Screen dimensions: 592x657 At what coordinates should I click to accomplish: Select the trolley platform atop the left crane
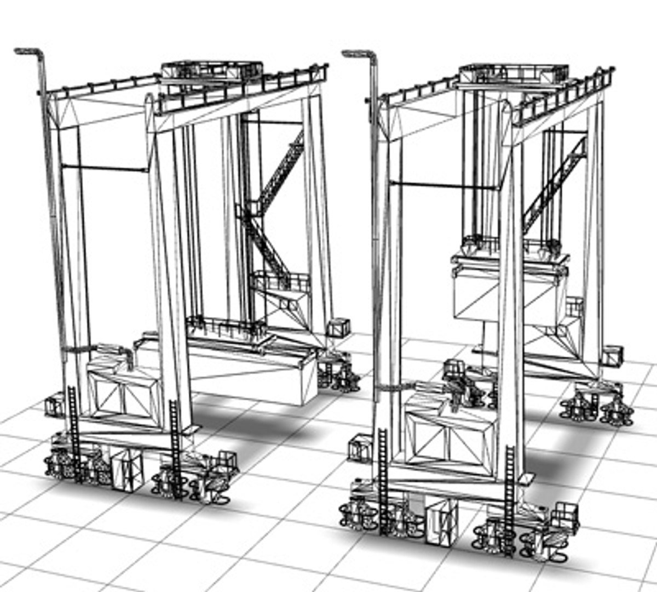click(211, 70)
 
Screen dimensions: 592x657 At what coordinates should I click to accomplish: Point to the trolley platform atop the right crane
click(513, 72)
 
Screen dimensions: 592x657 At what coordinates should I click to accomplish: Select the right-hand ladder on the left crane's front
click(175, 447)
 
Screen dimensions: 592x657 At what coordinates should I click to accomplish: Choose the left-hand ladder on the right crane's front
click(383, 477)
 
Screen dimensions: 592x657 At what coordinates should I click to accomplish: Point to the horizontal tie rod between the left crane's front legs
click(104, 168)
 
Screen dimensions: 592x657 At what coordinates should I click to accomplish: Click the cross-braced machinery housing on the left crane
click(123, 392)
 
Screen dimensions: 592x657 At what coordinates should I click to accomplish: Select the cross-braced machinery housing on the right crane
click(449, 439)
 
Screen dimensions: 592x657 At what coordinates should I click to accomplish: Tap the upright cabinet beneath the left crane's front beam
click(127, 471)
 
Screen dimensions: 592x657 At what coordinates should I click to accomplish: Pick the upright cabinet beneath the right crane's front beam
click(441, 521)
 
